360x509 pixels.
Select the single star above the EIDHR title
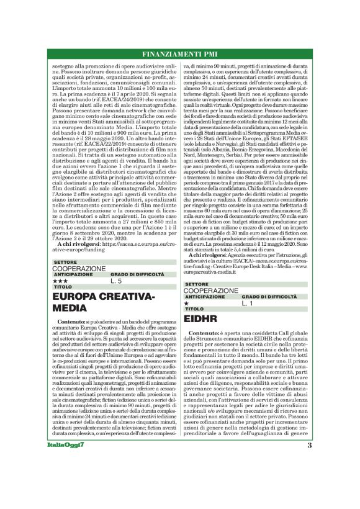187,303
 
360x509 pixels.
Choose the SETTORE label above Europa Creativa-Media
61,263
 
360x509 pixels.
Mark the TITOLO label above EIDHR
194,309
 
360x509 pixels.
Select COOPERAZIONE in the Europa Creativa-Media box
79,268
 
